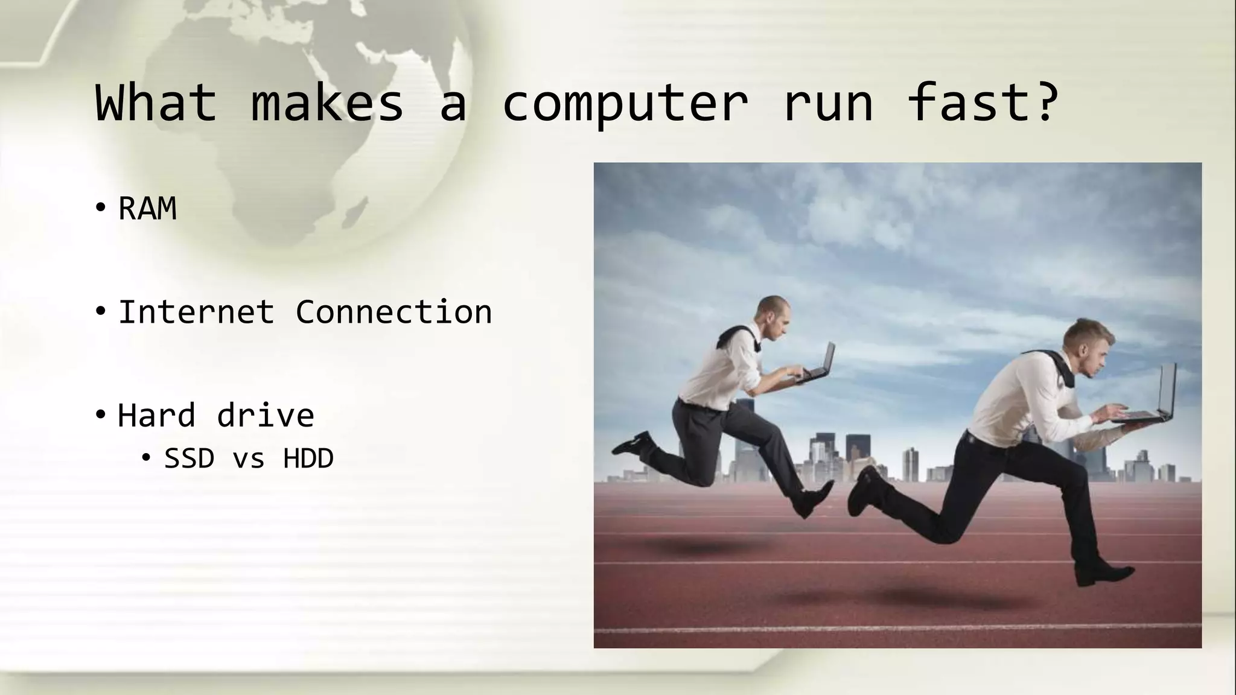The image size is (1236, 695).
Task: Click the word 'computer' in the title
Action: [x=625, y=104]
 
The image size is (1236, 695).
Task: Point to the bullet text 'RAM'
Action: [x=147, y=209]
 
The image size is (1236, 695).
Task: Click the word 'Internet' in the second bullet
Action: [x=196, y=313]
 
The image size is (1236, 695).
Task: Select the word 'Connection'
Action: [x=393, y=313]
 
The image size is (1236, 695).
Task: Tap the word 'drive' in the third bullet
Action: [x=266, y=416]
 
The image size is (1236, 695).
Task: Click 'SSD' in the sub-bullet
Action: [x=189, y=459]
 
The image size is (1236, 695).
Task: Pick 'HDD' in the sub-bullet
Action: [x=308, y=459]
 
